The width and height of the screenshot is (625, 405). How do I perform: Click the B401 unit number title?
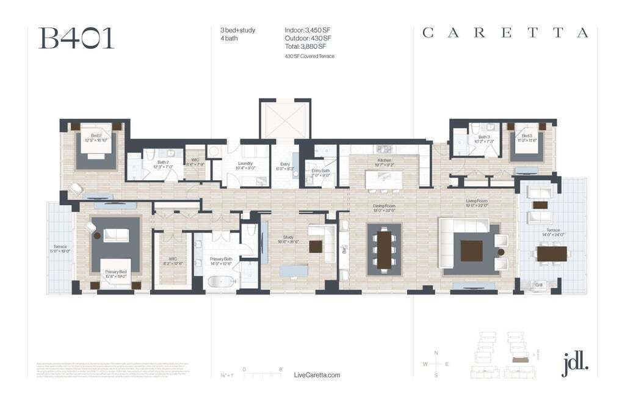coord(76,38)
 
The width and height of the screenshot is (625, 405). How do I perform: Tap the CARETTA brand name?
coord(505,33)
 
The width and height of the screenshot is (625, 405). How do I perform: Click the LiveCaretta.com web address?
coord(317,375)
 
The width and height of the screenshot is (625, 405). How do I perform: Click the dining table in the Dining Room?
coord(384,249)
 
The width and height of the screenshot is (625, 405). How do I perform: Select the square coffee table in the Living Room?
coord(471,250)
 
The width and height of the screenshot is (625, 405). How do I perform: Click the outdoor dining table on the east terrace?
coord(551,253)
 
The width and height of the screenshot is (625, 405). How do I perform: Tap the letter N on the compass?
coord(436,353)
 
